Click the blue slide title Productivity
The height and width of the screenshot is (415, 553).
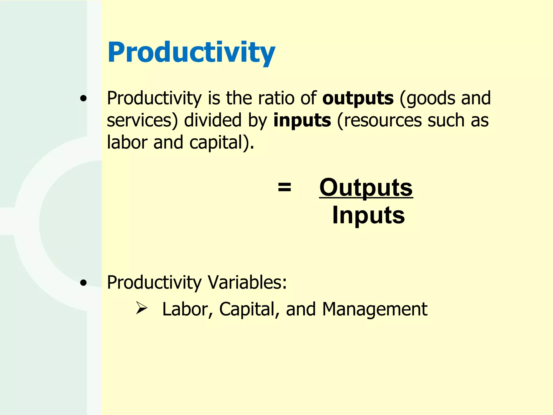pos(191,52)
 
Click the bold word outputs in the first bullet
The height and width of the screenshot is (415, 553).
pos(358,98)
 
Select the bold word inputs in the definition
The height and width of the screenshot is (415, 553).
pos(302,120)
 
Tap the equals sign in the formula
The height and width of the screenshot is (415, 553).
pos(284,187)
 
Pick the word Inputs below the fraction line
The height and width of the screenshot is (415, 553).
pos(368,215)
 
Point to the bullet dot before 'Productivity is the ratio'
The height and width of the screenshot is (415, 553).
pos(83,99)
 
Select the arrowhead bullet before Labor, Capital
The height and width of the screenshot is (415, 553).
pos(141,308)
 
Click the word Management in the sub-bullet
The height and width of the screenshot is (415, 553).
pos(375,309)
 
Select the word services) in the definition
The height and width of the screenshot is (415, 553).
pos(142,121)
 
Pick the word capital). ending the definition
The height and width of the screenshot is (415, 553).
pos(222,143)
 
